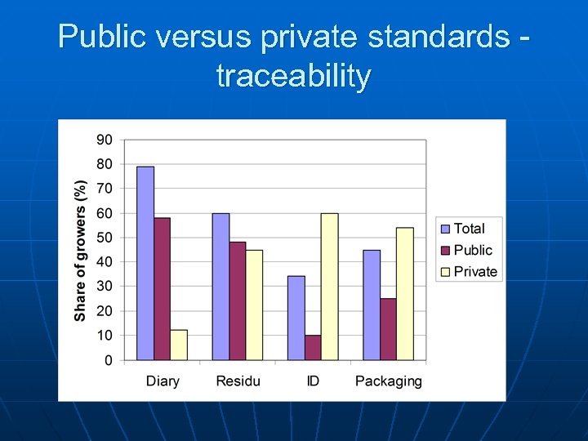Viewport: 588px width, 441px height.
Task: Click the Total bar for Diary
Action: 145,263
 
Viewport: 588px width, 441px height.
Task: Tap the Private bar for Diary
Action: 179,345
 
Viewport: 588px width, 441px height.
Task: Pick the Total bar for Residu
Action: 220,287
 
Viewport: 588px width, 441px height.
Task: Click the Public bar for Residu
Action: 237,301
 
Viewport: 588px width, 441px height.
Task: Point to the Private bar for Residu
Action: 254,305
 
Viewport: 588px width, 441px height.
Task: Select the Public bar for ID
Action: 313,347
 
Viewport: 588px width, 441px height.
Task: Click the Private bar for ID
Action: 329,287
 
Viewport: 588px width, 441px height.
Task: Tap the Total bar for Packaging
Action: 372,305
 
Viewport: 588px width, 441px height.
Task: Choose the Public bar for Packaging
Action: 388,329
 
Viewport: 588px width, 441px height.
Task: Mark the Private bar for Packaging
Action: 405,294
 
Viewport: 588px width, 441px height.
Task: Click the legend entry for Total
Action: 469,229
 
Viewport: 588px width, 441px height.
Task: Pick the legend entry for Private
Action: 474,272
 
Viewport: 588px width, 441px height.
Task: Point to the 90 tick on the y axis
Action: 105,140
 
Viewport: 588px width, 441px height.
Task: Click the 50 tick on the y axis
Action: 105,238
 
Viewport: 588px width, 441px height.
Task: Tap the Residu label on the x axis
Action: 238,381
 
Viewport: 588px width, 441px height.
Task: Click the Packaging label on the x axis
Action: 389,381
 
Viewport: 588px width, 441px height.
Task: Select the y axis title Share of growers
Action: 80,250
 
